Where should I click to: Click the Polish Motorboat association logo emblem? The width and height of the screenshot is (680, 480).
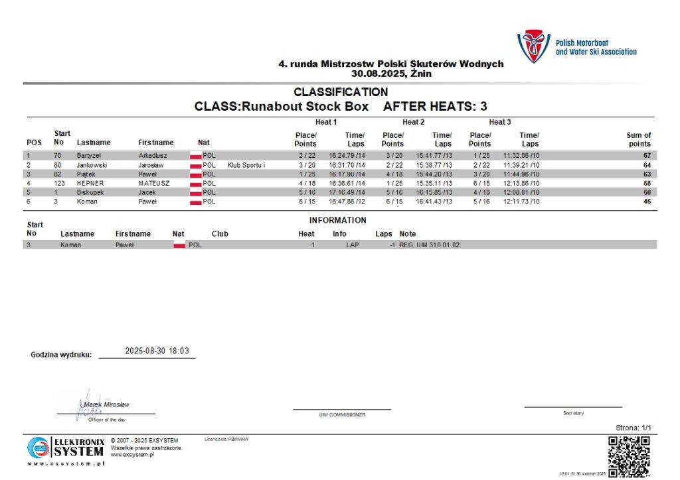coord(533,46)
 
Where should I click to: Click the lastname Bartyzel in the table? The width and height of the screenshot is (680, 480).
coord(90,155)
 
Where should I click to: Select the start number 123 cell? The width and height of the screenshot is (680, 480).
coord(59,183)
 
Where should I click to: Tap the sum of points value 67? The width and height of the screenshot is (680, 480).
coord(646,155)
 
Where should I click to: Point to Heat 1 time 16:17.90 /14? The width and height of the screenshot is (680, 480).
coord(347,174)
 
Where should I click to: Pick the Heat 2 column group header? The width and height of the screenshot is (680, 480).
coord(412,122)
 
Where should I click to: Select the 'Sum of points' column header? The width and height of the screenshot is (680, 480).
coord(639,139)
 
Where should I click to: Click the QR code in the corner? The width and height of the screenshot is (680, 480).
coord(629,456)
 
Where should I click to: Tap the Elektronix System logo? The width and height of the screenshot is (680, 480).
coord(66,451)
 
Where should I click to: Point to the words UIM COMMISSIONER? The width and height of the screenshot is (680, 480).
coord(342,415)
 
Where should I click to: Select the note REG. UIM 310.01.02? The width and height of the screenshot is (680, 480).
coord(429,245)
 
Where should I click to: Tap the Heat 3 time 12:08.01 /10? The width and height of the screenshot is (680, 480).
coord(521,192)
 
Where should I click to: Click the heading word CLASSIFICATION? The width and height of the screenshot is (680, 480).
coord(341,92)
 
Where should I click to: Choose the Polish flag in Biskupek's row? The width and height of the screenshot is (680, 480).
coord(195,192)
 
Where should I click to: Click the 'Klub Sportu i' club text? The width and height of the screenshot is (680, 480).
coord(246,164)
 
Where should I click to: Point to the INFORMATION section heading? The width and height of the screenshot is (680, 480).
coord(337,220)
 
